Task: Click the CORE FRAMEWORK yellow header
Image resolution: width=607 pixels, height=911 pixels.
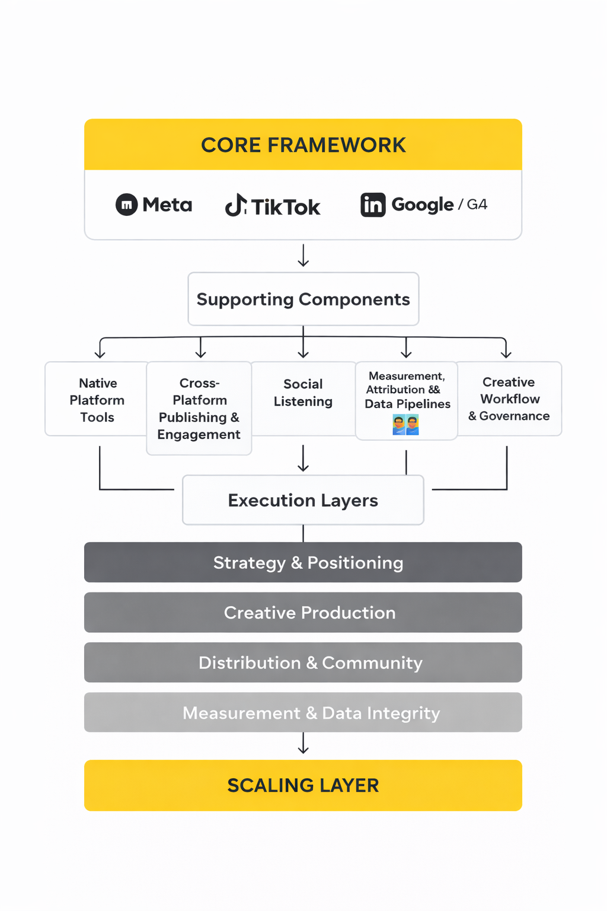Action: click(303, 145)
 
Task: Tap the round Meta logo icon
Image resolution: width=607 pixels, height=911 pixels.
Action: click(126, 205)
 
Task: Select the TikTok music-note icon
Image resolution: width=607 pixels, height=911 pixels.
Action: click(236, 205)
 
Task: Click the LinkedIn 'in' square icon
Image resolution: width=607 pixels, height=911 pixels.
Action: click(373, 205)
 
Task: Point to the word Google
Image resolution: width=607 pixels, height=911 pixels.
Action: click(423, 205)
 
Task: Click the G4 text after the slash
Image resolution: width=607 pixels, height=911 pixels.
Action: click(477, 205)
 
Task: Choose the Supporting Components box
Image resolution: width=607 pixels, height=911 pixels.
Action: click(303, 299)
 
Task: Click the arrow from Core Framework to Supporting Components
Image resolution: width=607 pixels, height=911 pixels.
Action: click(303, 255)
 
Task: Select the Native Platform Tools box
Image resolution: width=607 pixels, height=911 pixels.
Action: click(97, 399)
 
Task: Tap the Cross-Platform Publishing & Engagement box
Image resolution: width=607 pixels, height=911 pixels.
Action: click(199, 409)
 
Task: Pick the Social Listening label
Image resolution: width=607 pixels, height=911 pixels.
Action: click(303, 393)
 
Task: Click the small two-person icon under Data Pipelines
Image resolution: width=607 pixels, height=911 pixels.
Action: click(405, 425)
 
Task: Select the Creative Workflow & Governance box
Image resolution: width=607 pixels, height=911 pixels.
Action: click(509, 399)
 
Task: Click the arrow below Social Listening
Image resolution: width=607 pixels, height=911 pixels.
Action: click(303, 458)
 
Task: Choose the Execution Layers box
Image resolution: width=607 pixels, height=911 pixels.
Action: click(303, 500)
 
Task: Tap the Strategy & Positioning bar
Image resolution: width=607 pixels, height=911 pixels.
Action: click(303, 562)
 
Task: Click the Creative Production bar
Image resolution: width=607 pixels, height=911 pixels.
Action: click(303, 612)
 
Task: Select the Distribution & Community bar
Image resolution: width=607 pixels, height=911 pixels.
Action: click(303, 662)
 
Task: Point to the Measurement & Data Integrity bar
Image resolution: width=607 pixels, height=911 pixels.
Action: click(303, 712)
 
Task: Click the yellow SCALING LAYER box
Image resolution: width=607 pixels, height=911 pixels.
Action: click(303, 785)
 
